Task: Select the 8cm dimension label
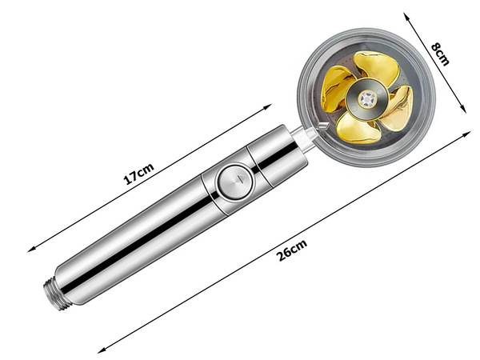tap(440, 54)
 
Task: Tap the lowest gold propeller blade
tap(357, 127)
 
